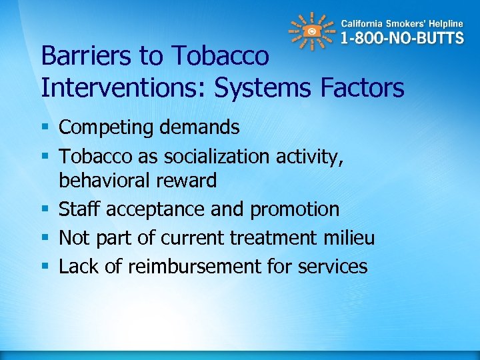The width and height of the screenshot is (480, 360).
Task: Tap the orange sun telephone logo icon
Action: [311, 31]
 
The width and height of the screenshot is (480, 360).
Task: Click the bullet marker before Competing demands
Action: [45, 127]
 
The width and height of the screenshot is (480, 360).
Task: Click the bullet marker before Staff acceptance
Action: [45, 209]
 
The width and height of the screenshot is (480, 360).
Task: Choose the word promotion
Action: [295, 209]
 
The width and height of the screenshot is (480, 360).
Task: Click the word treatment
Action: [273, 238]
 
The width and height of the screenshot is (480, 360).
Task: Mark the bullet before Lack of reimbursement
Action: [45, 267]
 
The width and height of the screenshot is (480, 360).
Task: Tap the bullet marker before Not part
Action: [45, 238]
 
